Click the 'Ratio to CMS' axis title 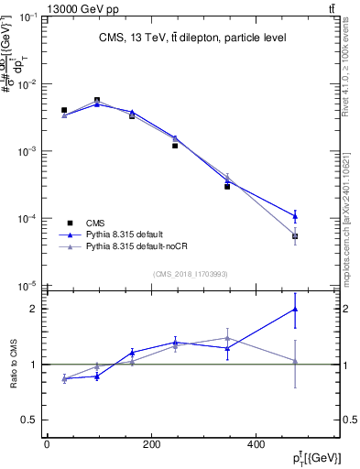point(14,364)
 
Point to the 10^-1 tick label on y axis point(25,16)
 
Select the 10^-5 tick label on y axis point(25,286)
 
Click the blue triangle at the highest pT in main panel point(295,216)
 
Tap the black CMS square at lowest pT point(64,110)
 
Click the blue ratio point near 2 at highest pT point(295,309)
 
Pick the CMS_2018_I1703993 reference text point(190,273)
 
